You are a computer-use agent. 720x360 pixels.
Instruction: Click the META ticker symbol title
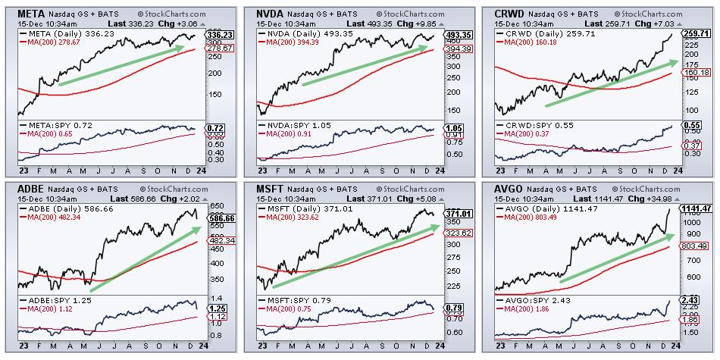click(32, 14)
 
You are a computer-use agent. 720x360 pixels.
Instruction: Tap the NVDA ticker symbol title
click(271, 14)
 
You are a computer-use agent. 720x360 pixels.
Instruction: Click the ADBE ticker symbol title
click(31, 187)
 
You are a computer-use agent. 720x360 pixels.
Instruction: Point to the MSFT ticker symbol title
click(270, 187)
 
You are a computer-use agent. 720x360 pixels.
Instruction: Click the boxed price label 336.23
click(219, 35)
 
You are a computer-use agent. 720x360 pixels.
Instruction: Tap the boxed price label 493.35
click(458, 35)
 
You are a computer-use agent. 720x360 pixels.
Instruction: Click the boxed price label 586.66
click(219, 217)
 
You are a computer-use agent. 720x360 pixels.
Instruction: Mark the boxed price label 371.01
click(458, 214)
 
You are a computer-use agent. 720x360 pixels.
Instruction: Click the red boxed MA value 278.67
click(219, 48)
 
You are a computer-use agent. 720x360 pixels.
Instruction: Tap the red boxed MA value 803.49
click(697, 246)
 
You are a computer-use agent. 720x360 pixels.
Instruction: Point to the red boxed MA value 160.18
click(697, 73)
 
